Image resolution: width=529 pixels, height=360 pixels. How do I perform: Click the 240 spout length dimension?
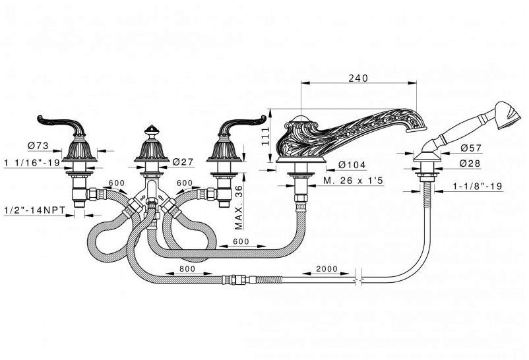(358, 78)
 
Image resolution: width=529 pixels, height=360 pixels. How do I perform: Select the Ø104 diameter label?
(352, 165)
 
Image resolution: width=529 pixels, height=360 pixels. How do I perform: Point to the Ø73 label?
(38, 146)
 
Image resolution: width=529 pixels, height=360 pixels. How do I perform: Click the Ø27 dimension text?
(183, 162)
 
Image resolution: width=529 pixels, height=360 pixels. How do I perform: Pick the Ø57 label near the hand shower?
(471, 148)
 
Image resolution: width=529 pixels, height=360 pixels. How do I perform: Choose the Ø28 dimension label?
(470, 164)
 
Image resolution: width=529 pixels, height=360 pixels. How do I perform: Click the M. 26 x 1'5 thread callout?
(354, 181)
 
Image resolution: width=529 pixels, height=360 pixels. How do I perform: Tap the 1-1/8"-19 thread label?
(478, 186)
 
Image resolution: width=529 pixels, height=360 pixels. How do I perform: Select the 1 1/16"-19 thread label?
(32, 163)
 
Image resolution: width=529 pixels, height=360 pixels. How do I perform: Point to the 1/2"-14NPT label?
(35, 210)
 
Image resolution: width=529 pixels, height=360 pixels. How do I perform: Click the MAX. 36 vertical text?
(239, 208)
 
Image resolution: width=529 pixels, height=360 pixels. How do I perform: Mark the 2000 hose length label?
(327, 269)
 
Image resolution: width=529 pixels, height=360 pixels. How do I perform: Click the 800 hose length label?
(187, 269)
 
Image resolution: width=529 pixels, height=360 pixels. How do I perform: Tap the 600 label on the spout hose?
(241, 241)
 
